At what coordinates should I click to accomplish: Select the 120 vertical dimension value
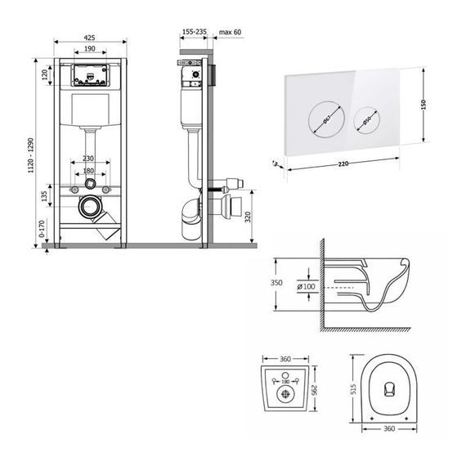point(43,76)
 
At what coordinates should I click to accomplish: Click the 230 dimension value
point(88,158)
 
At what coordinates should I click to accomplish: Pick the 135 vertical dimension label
point(43,197)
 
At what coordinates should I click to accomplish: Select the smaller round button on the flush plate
point(362,122)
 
